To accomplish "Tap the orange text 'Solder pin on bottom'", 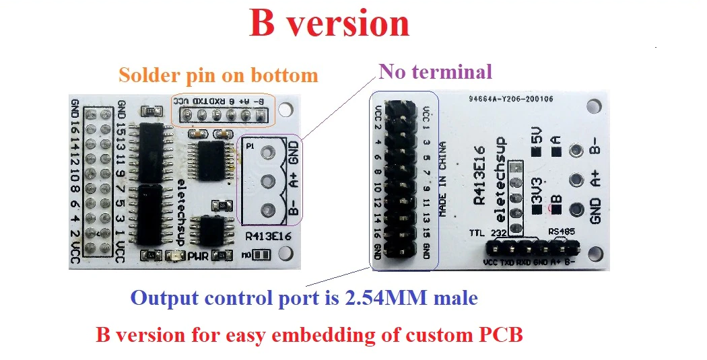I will (217, 74).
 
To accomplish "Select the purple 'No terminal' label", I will (436, 71).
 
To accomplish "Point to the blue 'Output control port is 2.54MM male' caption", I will (304, 297).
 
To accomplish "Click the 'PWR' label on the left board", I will (197, 255).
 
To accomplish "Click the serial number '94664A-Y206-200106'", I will (511, 99).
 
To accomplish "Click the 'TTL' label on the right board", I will (477, 233).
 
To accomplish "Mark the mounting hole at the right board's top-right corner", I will (593, 106).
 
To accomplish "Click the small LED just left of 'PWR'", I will (176, 255).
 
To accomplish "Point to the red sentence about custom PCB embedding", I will (309, 334).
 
